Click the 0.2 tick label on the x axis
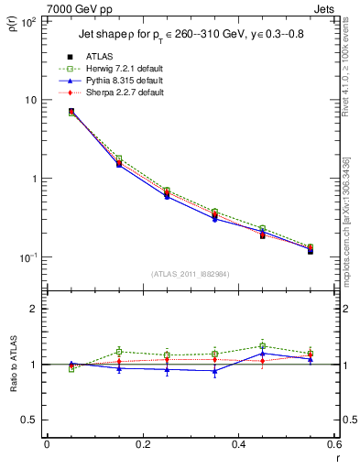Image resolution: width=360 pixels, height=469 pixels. (142, 444)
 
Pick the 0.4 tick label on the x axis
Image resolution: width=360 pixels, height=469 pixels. (238, 444)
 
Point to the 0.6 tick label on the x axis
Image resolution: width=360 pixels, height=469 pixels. (333, 444)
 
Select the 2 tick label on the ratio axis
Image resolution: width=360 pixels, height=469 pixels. (33, 309)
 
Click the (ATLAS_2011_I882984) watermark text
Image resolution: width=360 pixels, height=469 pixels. (190, 274)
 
